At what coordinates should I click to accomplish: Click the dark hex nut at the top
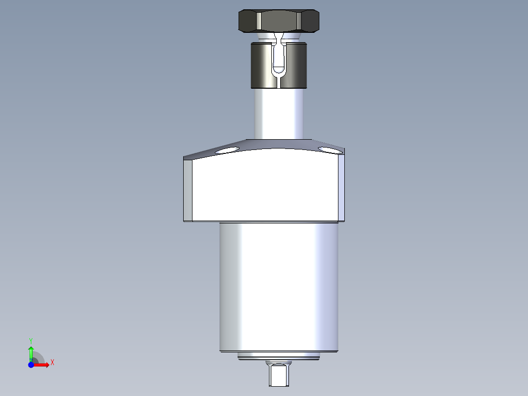[x=278, y=21]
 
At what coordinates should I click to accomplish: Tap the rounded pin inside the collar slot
[x=279, y=60]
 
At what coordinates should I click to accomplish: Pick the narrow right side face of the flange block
[x=341, y=188]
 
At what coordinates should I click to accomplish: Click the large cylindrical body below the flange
[x=278, y=287]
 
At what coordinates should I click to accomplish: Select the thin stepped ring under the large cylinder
[x=278, y=356]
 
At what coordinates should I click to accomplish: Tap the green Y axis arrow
[x=31, y=352]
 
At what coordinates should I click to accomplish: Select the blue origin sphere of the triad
[x=31, y=365]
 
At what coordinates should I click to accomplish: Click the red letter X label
[x=52, y=363]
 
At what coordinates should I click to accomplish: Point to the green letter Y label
[x=31, y=340]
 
